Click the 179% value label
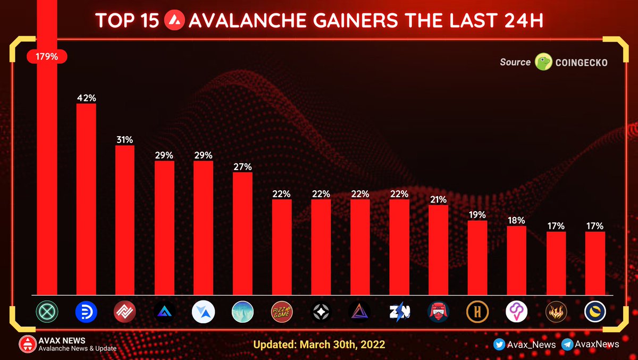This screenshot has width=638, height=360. click(x=47, y=56)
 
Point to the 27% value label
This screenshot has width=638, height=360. click(x=242, y=166)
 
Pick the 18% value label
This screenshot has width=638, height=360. click(x=516, y=220)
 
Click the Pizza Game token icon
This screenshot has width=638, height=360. click(x=282, y=312)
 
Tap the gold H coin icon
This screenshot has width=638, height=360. click(x=477, y=312)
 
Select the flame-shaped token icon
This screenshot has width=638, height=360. click(x=556, y=312)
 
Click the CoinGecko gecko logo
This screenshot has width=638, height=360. click(x=543, y=62)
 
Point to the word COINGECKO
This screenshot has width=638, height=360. click(x=582, y=63)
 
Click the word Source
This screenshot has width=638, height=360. click(x=515, y=62)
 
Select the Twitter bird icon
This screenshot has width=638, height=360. click(x=499, y=345)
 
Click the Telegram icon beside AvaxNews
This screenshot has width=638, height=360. click(x=567, y=345)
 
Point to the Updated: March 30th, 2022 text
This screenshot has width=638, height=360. click(x=319, y=345)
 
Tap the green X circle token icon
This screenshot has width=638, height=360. click(x=47, y=312)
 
